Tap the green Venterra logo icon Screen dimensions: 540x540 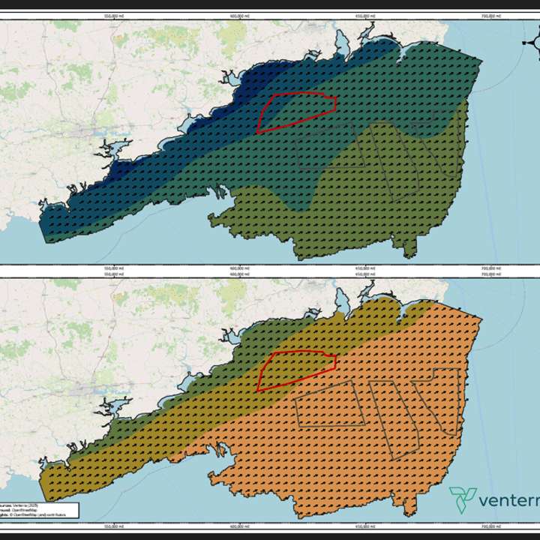coord(463,498)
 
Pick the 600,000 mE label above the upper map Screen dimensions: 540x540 coord(238,14)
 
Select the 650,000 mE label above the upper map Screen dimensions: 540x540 coord(364,14)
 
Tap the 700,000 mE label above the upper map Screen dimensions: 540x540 coord(490,14)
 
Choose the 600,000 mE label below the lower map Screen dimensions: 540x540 coord(238,526)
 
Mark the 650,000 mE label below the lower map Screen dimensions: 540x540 coord(364,526)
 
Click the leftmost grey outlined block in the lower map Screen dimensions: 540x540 coord(330,405)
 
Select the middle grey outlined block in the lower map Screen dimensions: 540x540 coord(394,416)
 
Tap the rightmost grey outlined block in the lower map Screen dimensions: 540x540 coord(439,401)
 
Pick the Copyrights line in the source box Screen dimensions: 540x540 coord(34,515)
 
